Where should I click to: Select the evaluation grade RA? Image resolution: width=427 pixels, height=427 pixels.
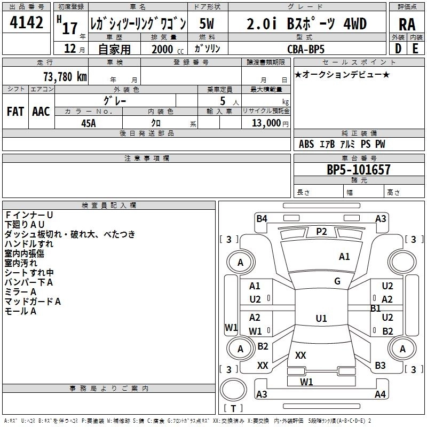coord(407,25)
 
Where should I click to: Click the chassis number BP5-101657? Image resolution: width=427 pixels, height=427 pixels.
coord(358,170)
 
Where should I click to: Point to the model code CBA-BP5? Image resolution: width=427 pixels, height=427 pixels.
coord(312,49)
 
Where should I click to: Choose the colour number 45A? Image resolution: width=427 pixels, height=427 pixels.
coord(89,123)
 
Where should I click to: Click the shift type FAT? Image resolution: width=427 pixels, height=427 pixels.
coord(15,112)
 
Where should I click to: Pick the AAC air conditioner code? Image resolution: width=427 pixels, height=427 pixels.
coord(41,112)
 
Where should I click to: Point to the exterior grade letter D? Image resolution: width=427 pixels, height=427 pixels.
coord(398,49)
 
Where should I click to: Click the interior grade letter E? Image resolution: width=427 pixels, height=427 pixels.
coord(415,49)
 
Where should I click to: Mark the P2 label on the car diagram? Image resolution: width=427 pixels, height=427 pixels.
coord(321,231)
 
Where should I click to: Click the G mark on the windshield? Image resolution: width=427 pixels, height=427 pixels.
coord(337,281)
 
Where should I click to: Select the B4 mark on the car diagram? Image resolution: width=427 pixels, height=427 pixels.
coord(262,218)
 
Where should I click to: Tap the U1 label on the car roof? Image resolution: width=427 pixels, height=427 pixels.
coord(321,319)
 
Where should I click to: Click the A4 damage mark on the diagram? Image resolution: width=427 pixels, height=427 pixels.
coord(380,394)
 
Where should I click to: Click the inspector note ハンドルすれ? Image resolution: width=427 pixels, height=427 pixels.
coord(29,244)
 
